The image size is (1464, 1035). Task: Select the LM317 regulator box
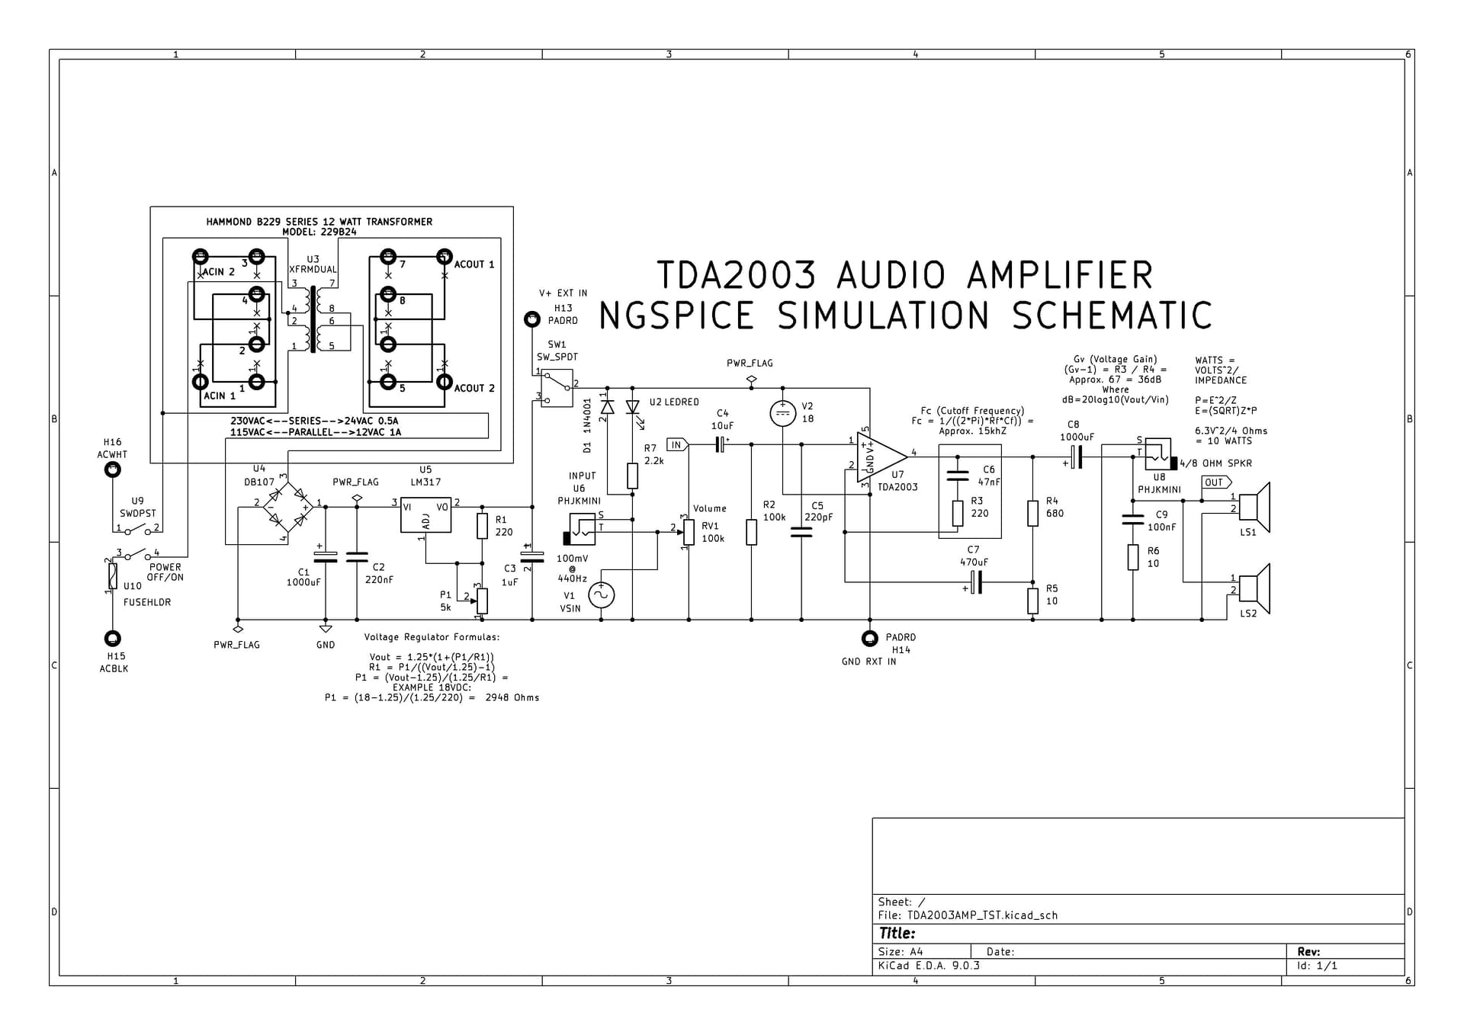tap(425, 514)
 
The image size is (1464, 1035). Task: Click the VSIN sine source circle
tap(601, 594)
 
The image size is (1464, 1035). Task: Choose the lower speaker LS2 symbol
tap(1254, 588)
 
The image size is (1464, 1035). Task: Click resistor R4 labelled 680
tap(1032, 513)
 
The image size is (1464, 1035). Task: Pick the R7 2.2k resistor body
tap(632, 476)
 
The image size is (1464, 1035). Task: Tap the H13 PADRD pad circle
tap(532, 319)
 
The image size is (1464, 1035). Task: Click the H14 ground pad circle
tap(869, 639)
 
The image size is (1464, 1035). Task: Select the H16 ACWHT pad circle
tap(112, 470)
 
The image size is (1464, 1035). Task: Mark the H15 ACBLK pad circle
tap(112, 638)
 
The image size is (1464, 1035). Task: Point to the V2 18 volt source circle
tap(782, 414)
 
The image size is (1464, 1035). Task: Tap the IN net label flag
tap(677, 444)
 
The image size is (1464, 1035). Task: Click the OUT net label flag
tap(1216, 482)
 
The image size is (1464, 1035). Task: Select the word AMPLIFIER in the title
tap(1060, 276)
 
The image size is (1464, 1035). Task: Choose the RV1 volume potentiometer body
tap(689, 532)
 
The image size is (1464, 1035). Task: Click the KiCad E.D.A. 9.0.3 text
tap(929, 966)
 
